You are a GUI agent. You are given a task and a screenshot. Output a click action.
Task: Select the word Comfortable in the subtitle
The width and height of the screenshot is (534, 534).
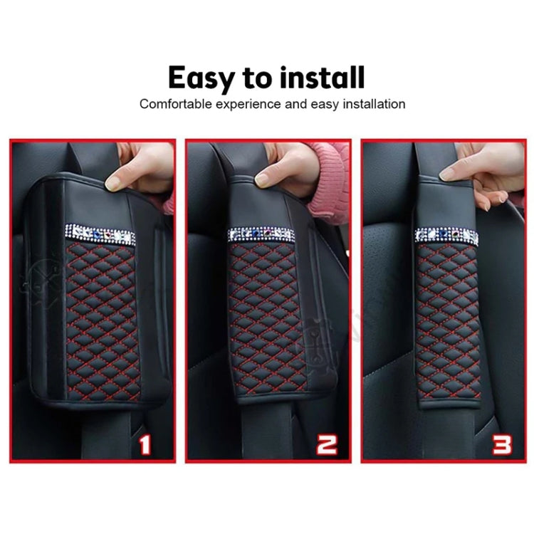176,104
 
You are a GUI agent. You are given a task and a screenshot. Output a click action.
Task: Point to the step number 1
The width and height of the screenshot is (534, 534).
145,445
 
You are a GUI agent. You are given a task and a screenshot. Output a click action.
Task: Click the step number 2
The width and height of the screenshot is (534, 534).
327,445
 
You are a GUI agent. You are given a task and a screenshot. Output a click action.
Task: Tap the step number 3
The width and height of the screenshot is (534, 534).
502,445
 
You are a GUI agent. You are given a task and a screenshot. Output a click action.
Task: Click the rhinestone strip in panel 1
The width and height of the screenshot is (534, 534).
99,233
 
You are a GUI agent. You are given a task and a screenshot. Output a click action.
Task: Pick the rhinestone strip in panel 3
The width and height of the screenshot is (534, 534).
438,235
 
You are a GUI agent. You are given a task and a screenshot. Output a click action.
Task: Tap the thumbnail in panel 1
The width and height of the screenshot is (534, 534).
113,183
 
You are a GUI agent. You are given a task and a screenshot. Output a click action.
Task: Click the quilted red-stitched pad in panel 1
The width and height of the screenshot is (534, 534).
100,313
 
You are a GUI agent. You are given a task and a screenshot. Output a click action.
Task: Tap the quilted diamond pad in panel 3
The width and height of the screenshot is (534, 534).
438,320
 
